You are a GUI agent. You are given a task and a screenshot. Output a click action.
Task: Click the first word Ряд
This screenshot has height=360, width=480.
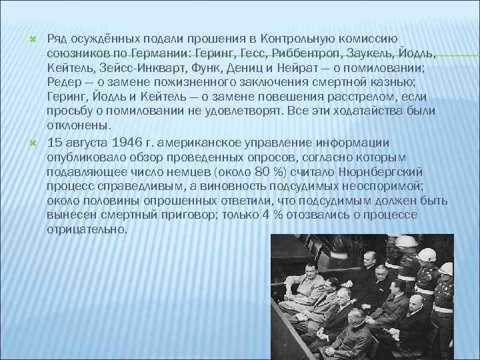click(x=57, y=39)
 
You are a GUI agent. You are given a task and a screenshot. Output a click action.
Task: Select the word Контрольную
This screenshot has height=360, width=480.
click(x=305, y=39)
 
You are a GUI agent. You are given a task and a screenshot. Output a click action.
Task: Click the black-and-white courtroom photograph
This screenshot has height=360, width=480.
click(x=363, y=297)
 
